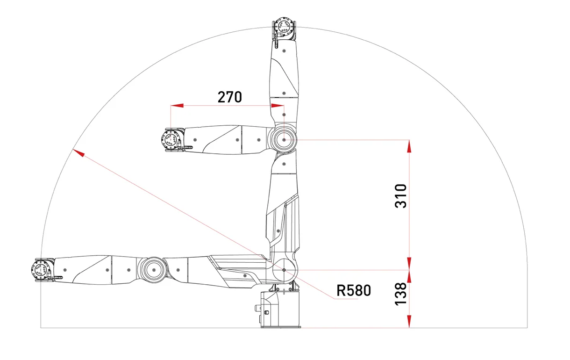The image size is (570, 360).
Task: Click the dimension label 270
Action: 229,97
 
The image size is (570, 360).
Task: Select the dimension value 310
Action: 401,196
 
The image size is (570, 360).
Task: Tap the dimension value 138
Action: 401,294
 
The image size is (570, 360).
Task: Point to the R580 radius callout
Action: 354,290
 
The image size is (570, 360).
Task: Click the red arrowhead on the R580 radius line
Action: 78,153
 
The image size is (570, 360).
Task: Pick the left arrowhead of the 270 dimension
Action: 177,105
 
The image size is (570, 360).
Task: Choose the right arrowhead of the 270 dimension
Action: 278,105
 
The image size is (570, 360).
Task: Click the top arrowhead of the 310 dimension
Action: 409,146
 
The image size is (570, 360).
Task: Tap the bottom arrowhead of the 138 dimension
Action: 409,321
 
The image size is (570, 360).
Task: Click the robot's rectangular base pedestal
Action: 280,310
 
